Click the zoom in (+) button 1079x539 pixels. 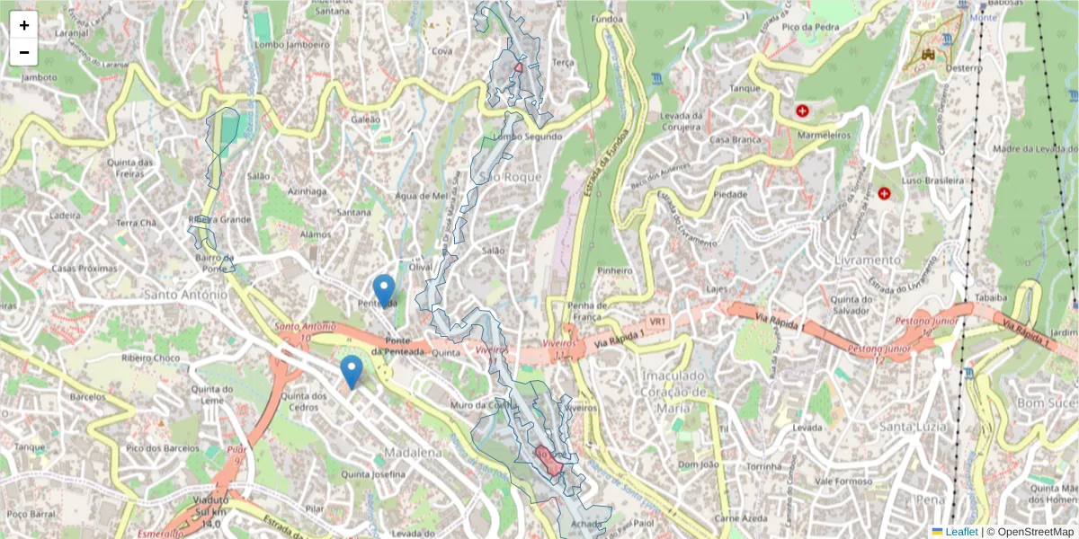tap(24, 25)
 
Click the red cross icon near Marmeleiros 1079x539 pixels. tap(802, 111)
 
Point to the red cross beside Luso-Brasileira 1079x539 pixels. tap(884, 193)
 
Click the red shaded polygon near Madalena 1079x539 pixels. tap(548, 461)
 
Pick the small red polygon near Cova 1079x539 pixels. tap(519, 66)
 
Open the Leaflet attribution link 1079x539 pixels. tap(960, 531)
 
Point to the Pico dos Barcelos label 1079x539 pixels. tap(163, 447)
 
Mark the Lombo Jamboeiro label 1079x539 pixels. tap(291, 43)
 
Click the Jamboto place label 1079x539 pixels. tap(40, 77)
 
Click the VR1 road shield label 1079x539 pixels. tap(658, 321)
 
